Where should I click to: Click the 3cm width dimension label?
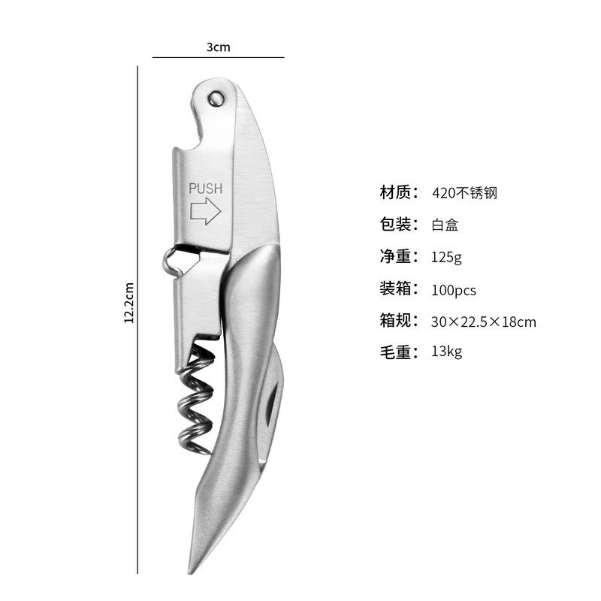219,47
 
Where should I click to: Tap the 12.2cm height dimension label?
129,303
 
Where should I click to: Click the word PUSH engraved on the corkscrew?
205,189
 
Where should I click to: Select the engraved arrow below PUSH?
205,211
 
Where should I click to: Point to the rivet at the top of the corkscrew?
216,98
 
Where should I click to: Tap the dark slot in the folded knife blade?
271,409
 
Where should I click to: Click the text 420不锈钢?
464,193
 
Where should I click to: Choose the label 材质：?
399,192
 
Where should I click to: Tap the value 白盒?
445,225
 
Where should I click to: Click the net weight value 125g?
446,257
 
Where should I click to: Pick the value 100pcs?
454,290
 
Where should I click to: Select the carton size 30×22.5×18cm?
484,322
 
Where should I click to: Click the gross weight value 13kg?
447,352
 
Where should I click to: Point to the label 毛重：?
399,352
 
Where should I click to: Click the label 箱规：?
399,321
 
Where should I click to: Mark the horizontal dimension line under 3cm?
219,58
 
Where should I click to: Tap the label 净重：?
399,256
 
